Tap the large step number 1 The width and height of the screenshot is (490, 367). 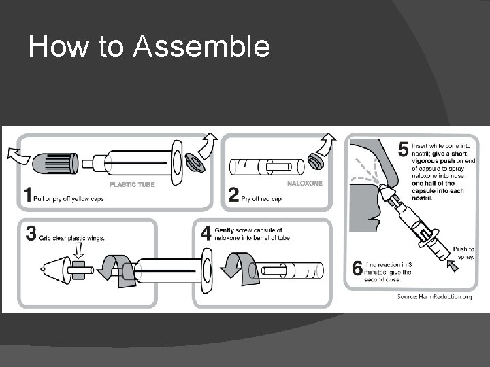pyautogui.click(x=29, y=195)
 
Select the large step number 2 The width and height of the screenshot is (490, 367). pyautogui.click(x=233, y=195)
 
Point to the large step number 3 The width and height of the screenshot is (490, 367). pyautogui.click(x=31, y=234)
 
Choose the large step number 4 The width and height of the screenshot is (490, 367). pyautogui.click(x=206, y=233)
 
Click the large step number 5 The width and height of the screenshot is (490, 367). pyautogui.click(x=403, y=147)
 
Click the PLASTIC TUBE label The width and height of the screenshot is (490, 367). pyautogui.click(x=132, y=184)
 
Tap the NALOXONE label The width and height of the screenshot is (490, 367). pyautogui.click(x=304, y=183)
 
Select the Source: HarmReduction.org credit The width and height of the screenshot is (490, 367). pyautogui.click(x=434, y=296)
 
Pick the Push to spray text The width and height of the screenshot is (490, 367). pyautogui.click(x=463, y=254)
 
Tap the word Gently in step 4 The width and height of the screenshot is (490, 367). pyautogui.click(x=227, y=230)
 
